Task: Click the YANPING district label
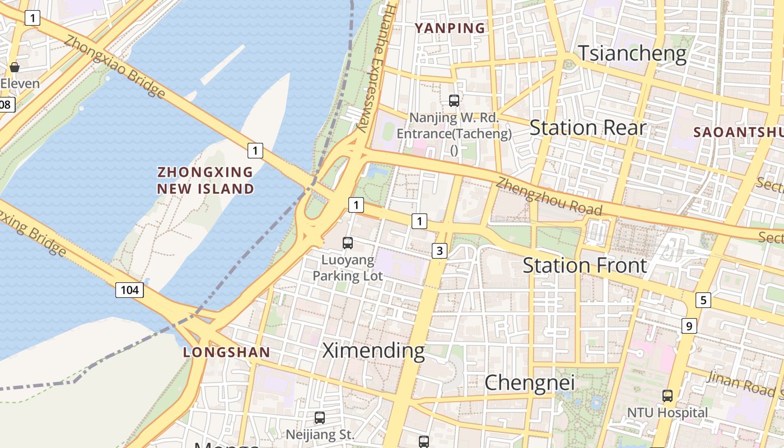(x=450, y=27)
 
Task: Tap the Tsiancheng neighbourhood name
(x=632, y=53)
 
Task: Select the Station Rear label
(x=587, y=128)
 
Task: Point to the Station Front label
(x=585, y=265)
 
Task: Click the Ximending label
(x=373, y=351)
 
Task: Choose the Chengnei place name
(x=529, y=382)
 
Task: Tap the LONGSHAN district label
(x=227, y=352)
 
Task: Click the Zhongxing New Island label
(x=206, y=180)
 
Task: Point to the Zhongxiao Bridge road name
(x=114, y=66)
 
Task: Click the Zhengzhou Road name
(x=549, y=197)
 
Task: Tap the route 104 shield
(x=129, y=290)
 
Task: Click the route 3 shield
(x=440, y=250)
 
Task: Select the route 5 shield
(x=703, y=300)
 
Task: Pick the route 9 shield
(x=689, y=325)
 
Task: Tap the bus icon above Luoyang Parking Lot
(x=348, y=242)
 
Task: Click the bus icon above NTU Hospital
(x=667, y=396)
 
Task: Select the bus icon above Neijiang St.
(x=319, y=417)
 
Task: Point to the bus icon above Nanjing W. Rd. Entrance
(x=454, y=101)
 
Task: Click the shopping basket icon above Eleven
(x=15, y=67)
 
